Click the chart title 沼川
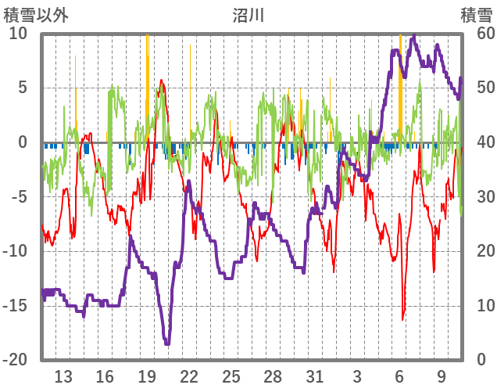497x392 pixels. pyautogui.click(x=248, y=15)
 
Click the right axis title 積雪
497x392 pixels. pyautogui.click(x=476, y=15)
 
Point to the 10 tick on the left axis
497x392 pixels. pyautogui.click(x=18, y=34)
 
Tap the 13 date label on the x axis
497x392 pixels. pyautogui.click(x=64, y=375)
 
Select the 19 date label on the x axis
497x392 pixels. pyautogui.click(x=147, y=375)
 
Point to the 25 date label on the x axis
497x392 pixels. pyautogui.click(x=231, y=375)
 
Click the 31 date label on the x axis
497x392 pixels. pyautogui.click(x=314, y=375)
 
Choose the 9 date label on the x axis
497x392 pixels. pyautogui.click(x=442, y=375)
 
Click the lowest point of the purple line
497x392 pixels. pyautogui.click(x=166, y=343)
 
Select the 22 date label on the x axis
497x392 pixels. pyautogui.click(x=189, y=375)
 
